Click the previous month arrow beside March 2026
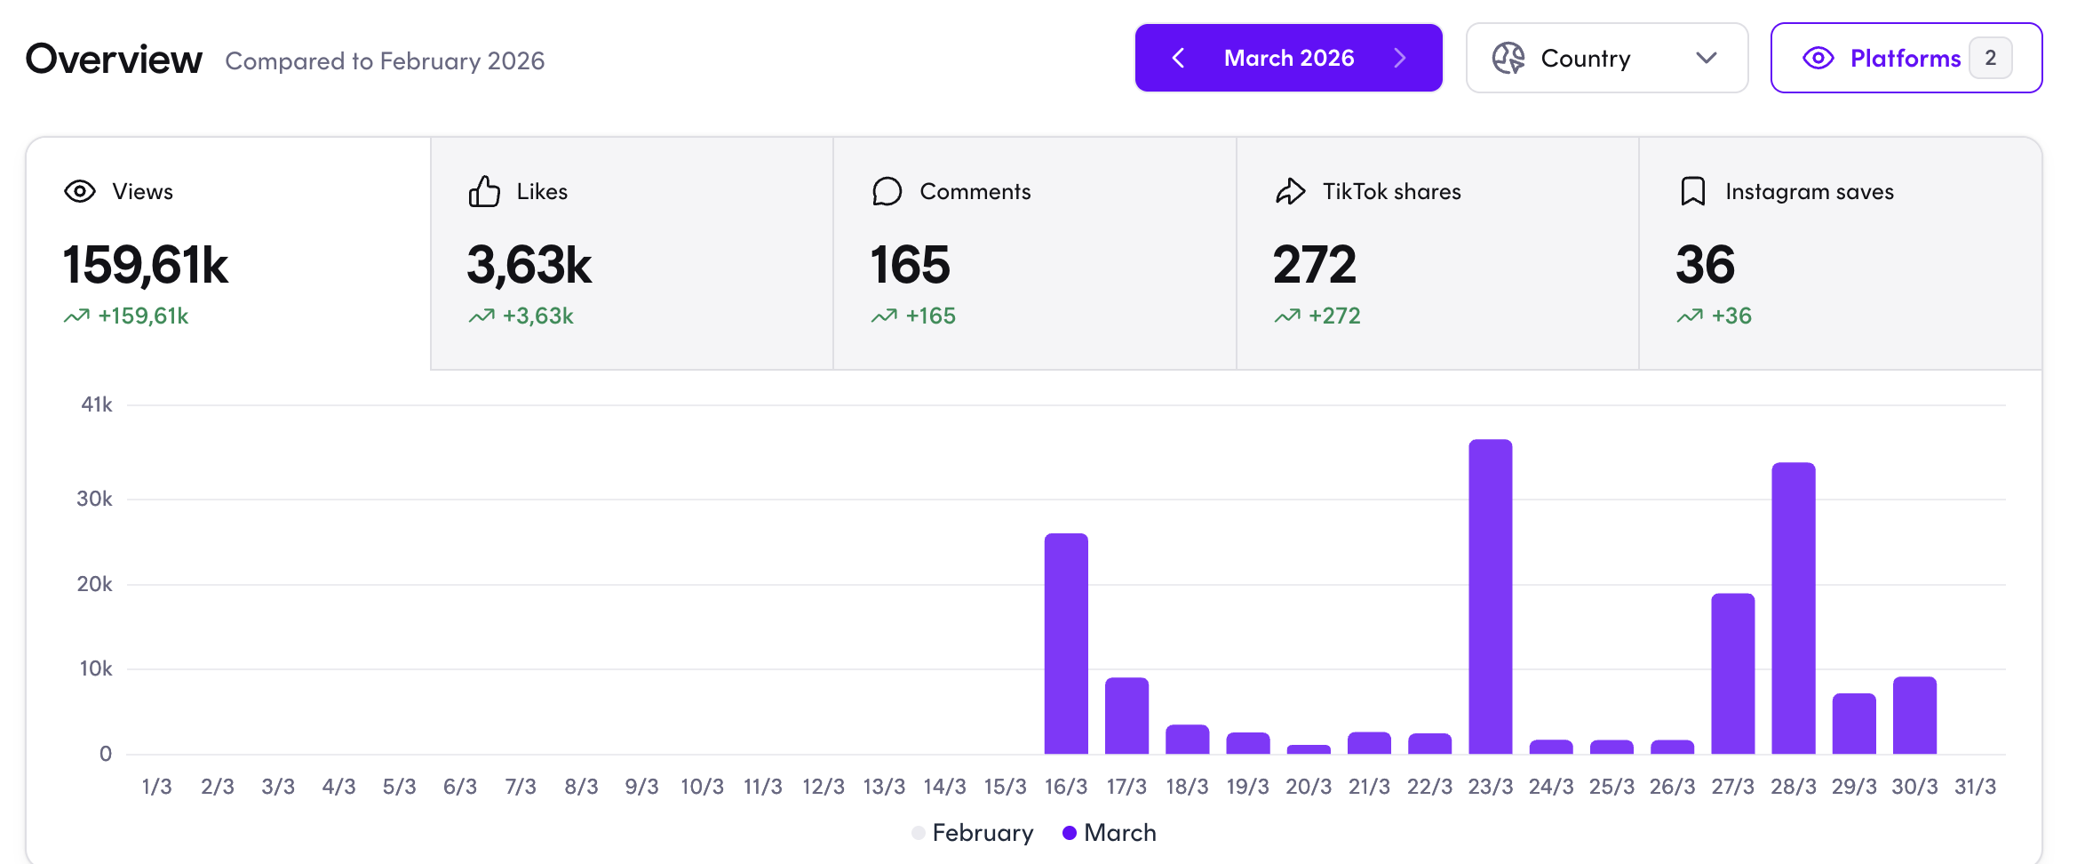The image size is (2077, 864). tap(1178, 59)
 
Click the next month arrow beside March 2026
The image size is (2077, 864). tap(1400, 59)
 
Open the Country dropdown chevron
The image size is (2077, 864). tap(1706, 59)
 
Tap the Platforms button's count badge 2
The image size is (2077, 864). tap(1990, 59)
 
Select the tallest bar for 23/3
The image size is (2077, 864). tap(1490, 596)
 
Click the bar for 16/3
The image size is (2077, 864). tap(1066, 644)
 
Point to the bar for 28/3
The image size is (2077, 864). tap(1793, 608)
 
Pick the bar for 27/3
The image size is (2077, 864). tap(1732, 673)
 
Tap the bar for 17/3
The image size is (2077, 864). tap(1126, 716)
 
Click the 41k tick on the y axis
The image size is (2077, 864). tap(97, 405)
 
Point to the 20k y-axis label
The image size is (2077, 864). tap(95, 584)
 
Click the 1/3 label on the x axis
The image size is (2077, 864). tap(157, 787)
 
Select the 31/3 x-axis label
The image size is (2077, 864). tap(1975, 787)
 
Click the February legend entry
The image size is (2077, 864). tap(973, 833)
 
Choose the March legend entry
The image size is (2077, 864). tap(1110, 833)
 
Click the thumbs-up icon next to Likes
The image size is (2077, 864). tap(484, 192)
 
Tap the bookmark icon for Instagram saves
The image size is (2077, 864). tap(1692, 192)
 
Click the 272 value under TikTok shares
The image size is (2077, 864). tap(1315, 265)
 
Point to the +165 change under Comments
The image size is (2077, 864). tap(929, 316)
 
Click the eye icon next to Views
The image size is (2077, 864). tap(80, 192)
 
